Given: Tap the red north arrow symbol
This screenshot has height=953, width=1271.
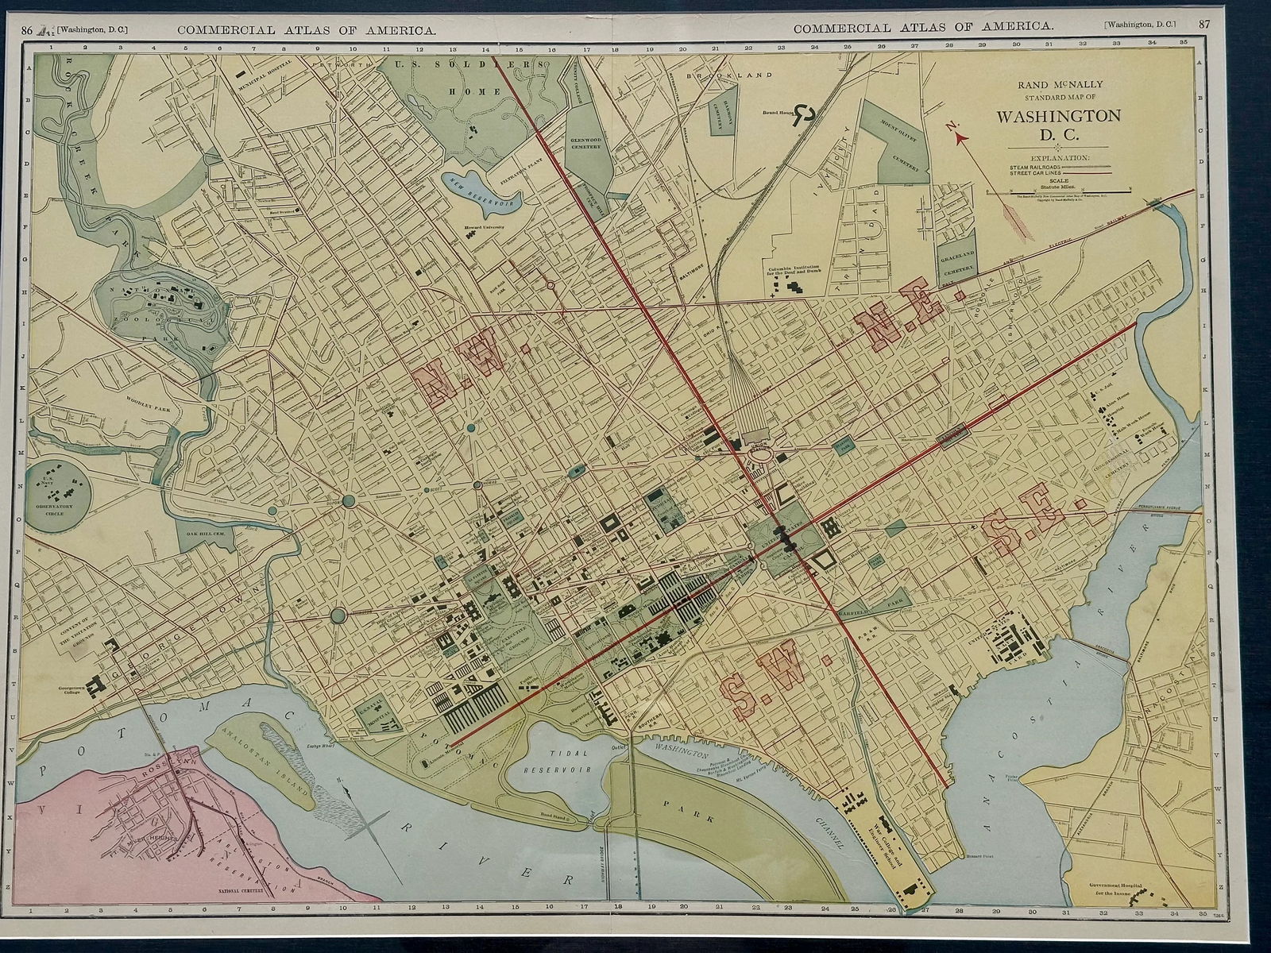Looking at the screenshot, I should pos(961,137).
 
